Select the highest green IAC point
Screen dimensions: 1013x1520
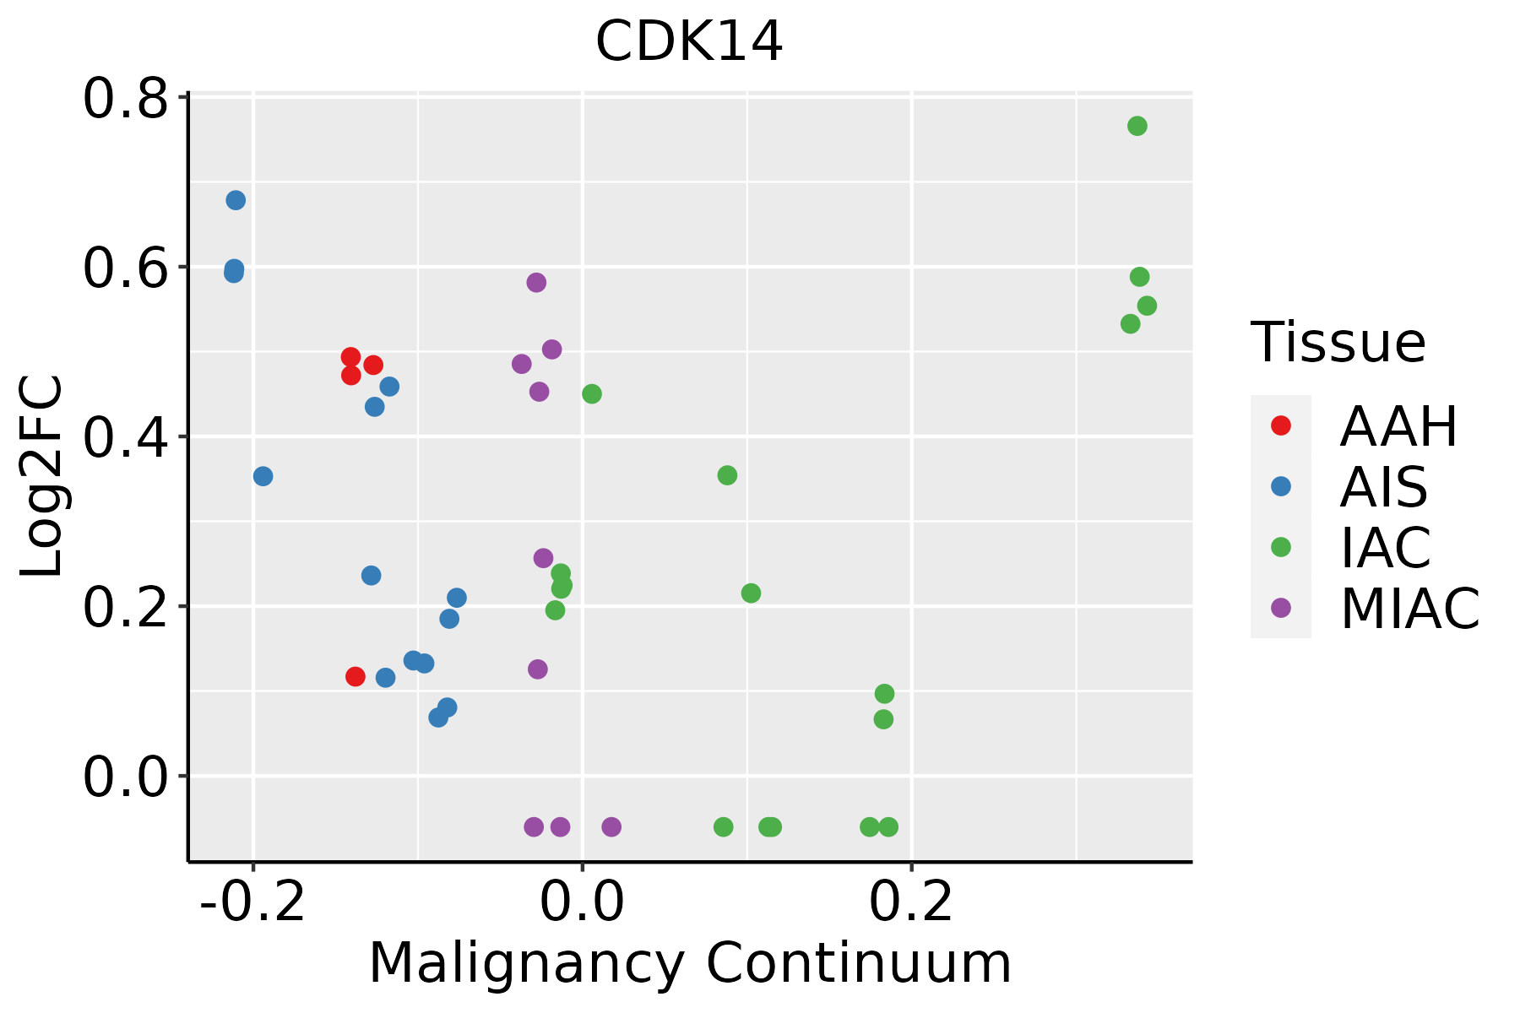pyautogui.click(x=1137, y=126)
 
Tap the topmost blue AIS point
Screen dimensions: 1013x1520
pyautogui.click(x=236, y=200)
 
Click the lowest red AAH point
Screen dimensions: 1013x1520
pyautogui.click(x=355, y=676)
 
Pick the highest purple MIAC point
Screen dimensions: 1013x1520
pyautogui.click(x=536, y=282)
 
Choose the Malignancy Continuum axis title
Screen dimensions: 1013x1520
pyautogui.click(x=689, y=963)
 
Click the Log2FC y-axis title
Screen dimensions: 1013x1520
pyautogui.click(x=42, y=477)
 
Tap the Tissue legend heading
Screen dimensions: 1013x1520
pyautogui.click(x=1338, y=343)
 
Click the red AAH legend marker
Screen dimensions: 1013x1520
pyautogui.click(x=1280, y=425)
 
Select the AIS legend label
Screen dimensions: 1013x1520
pyautogui.click(x=1383, y=487)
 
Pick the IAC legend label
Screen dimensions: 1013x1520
pyautogui.click(x=1385, y=548)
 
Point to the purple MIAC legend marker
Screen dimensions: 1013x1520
pyautogui.click(x=1280, y=608)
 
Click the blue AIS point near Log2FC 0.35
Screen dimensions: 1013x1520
pyautogui.click(x=263, y=476)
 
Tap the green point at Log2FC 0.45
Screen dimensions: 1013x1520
pyautogui.click(x=592, y=393)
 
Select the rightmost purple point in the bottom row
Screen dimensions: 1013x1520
pyautogui.click(x=611, y=826)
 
